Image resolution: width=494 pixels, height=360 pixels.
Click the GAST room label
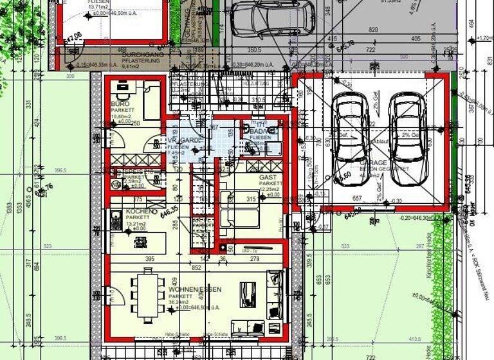click(268, 177)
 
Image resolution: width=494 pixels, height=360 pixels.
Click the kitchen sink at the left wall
click(116, 220)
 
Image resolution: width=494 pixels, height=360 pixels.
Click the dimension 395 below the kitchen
click(149, 258)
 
